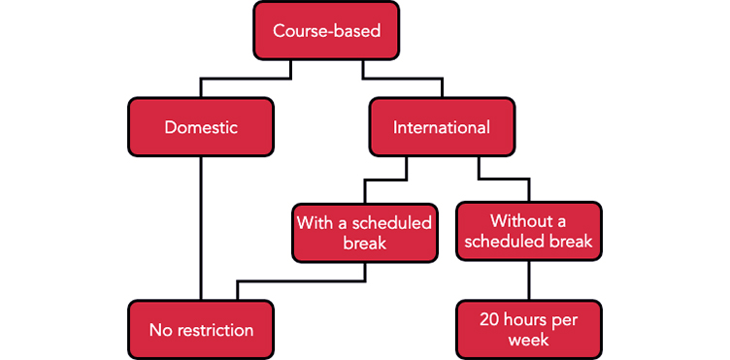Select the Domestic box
click(200, 127)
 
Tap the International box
click(442, 127)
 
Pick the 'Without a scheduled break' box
click(528, 231)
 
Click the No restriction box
click(200, 330)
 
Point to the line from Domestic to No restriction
click(200, 228)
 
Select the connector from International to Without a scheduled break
click(505, 180)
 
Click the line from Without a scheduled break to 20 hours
click(528, 280)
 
